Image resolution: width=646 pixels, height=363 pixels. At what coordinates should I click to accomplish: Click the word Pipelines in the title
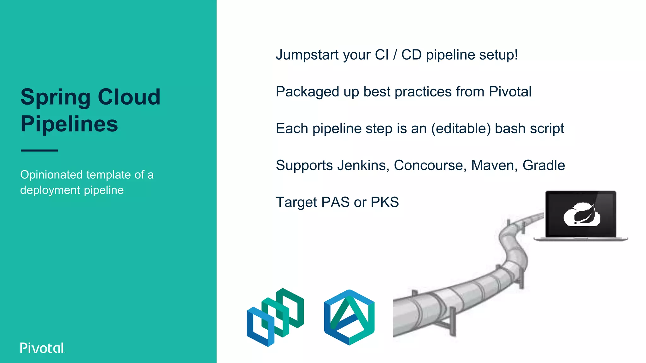tap(69, 124)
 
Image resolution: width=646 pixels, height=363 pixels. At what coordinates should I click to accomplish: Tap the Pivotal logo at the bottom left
tap(42, 348)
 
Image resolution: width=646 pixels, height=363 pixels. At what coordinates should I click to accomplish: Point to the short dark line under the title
tap(39, 151)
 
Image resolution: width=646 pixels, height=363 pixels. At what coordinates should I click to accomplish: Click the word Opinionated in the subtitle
tap(51, 175)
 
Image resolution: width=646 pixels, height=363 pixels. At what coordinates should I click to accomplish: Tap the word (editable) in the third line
tap(461, 129)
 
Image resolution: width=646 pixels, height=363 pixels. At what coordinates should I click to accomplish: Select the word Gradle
tap(543, 165)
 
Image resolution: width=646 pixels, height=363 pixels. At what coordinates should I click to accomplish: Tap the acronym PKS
tap(385, 202)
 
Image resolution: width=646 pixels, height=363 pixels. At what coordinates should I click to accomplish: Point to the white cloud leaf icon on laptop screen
tap(582, 215)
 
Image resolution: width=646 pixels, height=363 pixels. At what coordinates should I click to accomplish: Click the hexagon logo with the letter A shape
tap(349, 317)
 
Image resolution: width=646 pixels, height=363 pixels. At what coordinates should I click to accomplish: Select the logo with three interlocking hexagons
tap(275, 317)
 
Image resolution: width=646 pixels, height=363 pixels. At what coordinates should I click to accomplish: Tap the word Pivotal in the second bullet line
tap(510, 92)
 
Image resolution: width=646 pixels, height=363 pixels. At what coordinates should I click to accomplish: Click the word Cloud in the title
tap(129, 97)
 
